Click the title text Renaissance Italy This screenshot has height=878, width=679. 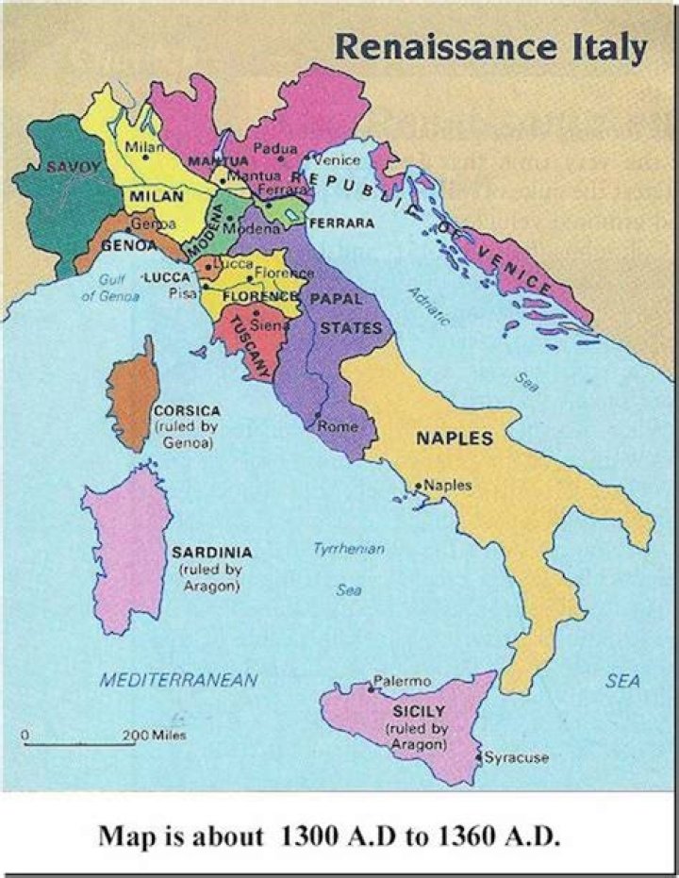[490, 46]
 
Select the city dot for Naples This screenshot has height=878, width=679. [418, 487]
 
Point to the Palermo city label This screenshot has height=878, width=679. [403, 680]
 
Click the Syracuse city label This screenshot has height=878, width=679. [516, 756]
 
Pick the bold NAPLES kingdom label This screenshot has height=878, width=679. [455, 439]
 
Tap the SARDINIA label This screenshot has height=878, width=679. [211, 552]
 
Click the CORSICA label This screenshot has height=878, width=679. [186, 411]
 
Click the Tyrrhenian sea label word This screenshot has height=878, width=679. [349, 548]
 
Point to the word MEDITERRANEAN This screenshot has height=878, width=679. [178, 680]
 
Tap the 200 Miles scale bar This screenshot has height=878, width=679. [80, 743]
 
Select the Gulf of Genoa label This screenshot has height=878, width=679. [110, 288]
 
